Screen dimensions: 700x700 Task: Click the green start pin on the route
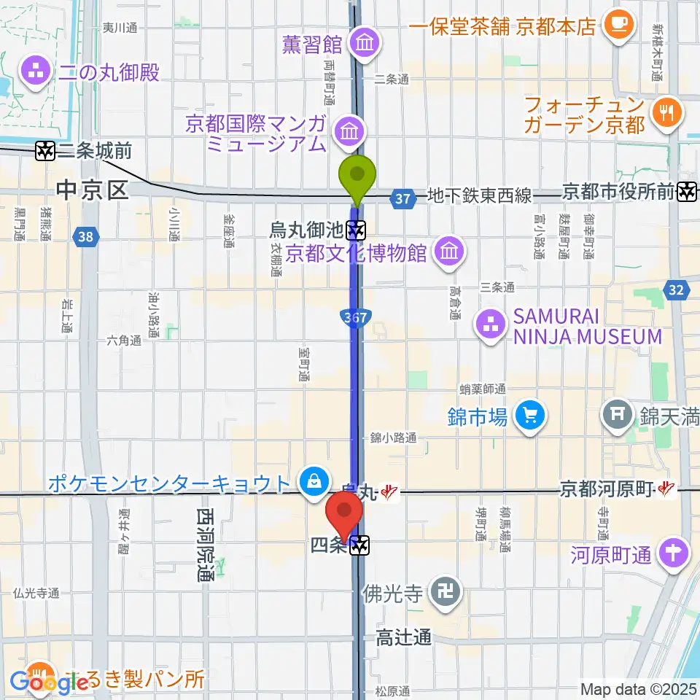click(x=358, y=176)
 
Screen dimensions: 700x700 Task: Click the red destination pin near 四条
click(x=345, y=515)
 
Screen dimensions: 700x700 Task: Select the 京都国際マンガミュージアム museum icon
click(x=349, y=132)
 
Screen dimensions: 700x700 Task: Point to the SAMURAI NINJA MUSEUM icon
click(x=490, y=325)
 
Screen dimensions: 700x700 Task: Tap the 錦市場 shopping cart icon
click(x=528, y=417)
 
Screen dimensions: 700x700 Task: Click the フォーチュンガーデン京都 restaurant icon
click(x=667, y=113)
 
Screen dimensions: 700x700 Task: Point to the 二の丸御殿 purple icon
click(x=34, y=71)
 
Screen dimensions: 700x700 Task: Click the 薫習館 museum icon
click(x=364, y=44)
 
